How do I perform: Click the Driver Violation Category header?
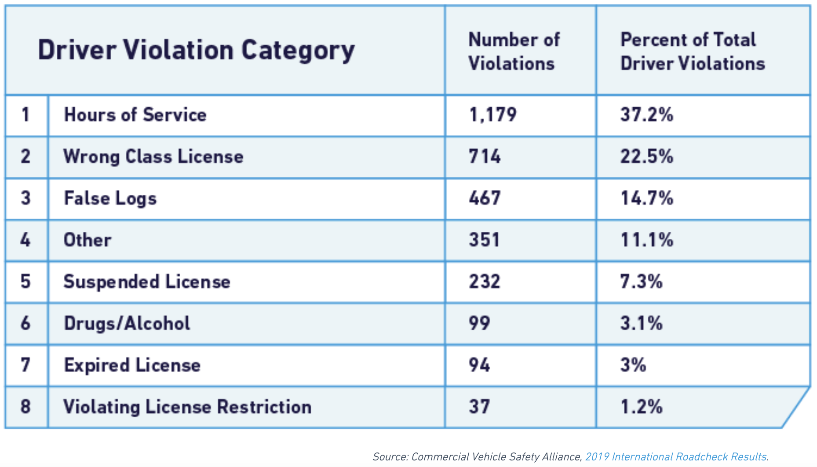196,50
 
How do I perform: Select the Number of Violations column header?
514,51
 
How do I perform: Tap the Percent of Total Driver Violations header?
692,51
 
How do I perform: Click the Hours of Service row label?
135,115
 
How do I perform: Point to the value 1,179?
492,115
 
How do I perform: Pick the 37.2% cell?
646,115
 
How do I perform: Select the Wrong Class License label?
153,157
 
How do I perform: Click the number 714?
485,157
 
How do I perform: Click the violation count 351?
484,240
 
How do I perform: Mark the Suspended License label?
147,282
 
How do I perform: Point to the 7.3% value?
641,282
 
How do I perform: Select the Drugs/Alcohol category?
127,324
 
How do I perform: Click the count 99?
479,324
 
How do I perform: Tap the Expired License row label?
132,365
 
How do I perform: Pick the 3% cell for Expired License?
633,365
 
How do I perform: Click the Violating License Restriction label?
187,407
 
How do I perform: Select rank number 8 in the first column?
26,407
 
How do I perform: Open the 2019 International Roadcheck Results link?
675,457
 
